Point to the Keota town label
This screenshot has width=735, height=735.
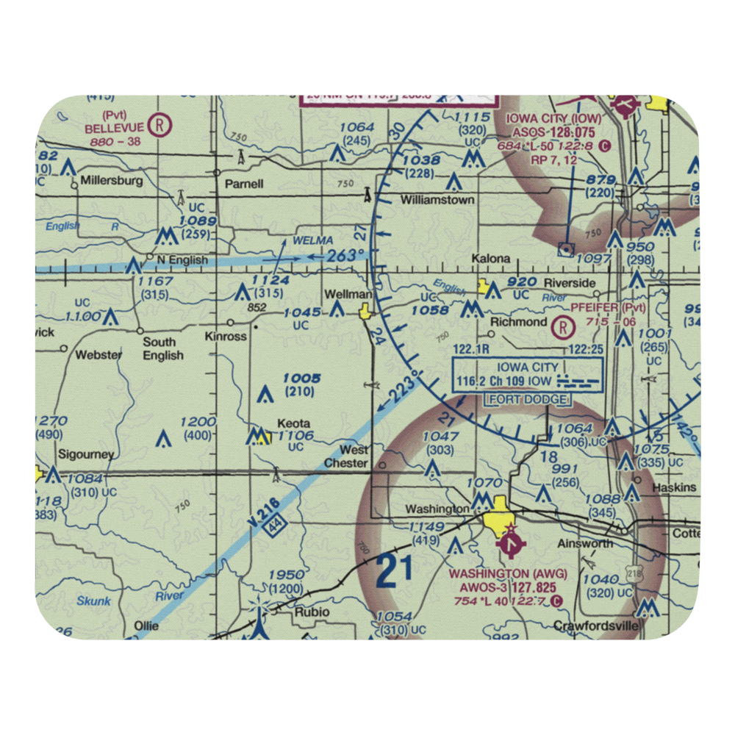[x=293, y=424]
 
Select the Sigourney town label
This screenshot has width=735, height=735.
[x=87, y=455]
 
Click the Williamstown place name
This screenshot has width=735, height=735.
[x=437, y=200]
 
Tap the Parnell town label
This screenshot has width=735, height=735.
[x=244, y=184]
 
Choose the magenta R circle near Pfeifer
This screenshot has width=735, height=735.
[x=564, y=324]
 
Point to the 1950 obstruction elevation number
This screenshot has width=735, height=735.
[x=286, y=575]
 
